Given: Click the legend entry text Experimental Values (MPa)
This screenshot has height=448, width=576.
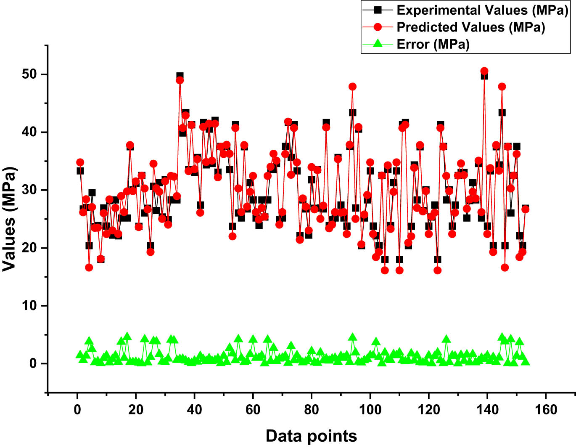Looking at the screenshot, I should (x=482, y=10).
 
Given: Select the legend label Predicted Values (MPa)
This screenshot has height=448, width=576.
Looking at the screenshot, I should (x=470, y=27).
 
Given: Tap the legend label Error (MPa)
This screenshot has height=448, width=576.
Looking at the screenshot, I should (x=433, y=44).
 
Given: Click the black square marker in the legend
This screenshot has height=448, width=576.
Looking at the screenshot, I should (x=378, y=10).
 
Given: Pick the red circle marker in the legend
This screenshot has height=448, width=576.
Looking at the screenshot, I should (x=378, y=27).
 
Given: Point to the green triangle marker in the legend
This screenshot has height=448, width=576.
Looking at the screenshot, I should (x=378, y=43).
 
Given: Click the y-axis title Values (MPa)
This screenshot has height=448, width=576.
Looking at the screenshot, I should (x=9, y=219).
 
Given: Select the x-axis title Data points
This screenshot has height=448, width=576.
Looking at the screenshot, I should (x=311, y=436).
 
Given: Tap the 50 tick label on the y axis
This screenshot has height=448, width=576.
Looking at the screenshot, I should (x=29, y=74).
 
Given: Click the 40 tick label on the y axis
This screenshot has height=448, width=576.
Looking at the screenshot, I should (x=29, y=132).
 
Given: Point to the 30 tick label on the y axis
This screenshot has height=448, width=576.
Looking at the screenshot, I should (x=29, y=190).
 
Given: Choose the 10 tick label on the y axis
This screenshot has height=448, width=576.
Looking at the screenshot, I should (x=29, y=306).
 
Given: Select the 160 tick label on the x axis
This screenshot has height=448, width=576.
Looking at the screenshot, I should (x=546, y=409).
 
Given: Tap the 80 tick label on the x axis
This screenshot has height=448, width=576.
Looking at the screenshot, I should (x=312, y=409).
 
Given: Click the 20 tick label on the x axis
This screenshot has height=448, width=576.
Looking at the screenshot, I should (x=136, y=409).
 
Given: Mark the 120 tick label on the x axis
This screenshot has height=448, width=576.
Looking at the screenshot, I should (x=428, y=409).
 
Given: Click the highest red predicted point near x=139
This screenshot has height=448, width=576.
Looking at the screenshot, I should (x=484, y=71).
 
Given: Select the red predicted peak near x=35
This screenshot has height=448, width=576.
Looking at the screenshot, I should (x=180, y=80).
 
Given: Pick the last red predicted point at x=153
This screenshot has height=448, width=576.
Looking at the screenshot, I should (x=525, y=209).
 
